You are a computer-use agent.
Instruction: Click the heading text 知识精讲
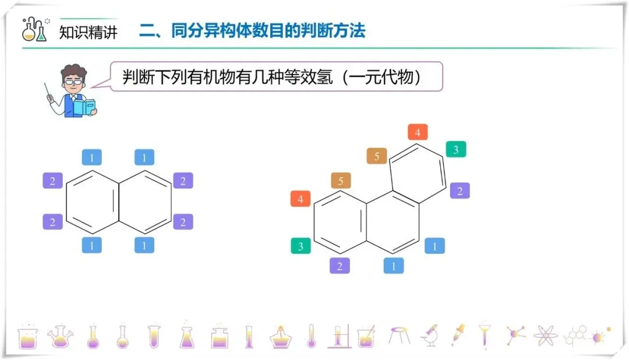tap(89, 31)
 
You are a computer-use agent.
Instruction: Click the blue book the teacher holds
tap(83, 107)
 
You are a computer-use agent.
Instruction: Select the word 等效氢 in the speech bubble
tap(301, 77)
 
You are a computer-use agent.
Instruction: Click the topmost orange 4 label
tap(418, 133)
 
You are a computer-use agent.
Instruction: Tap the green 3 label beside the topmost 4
tap(456, 150)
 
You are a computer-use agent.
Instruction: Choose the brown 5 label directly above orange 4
tap(341, 181)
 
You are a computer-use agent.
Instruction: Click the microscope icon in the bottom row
tap(430, 336)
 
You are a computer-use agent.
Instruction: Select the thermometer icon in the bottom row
tap(311, 336)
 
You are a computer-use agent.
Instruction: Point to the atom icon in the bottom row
tap(545, 336)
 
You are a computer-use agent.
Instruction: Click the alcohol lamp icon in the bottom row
tap(281, 337)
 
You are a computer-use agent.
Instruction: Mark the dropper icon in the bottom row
tap(458, 335)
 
